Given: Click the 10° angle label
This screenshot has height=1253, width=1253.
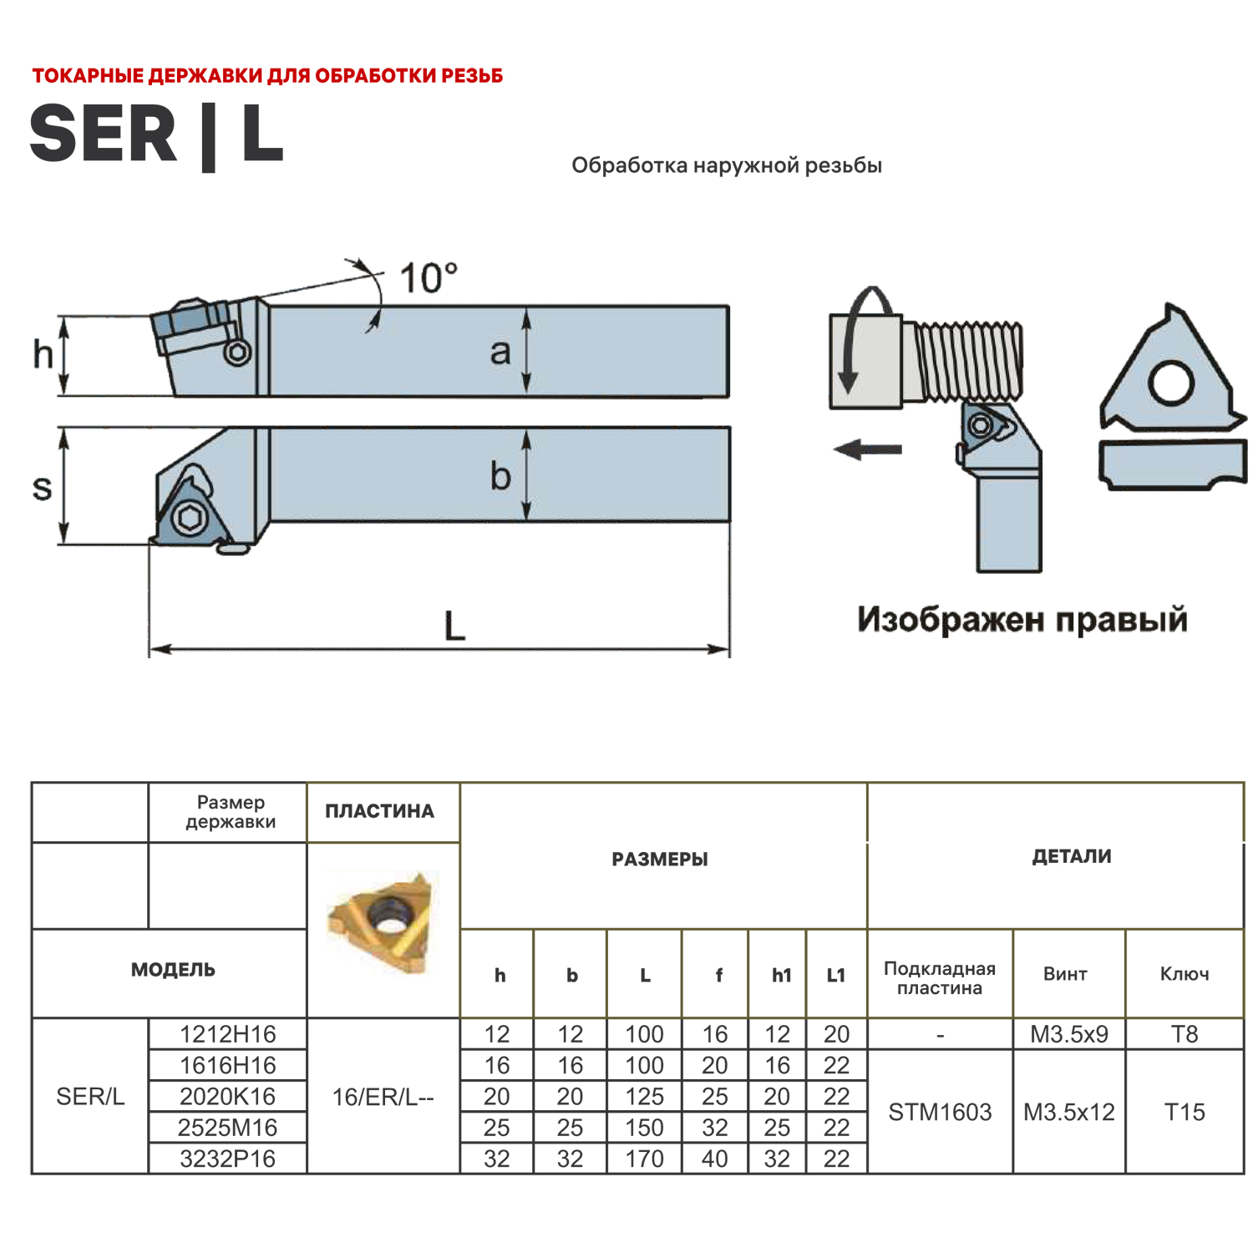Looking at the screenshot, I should point(428,278).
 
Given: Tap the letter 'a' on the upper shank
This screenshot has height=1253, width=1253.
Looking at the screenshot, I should point(500,352).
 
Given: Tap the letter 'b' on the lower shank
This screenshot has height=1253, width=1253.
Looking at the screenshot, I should point(500,476).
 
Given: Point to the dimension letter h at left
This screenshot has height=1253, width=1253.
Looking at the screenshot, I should point(43,354).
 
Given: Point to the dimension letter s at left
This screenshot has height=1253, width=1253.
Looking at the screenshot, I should point(42,487).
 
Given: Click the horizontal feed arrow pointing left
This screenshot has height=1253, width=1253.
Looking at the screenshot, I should point(868,449).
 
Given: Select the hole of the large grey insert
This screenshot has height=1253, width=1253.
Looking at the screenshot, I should point(1169,383).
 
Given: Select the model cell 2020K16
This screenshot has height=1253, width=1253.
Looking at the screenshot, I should point(227,1096).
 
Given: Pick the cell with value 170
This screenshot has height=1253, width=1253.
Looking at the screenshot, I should point(644,1159).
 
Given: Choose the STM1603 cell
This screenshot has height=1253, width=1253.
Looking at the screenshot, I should point(940,1112).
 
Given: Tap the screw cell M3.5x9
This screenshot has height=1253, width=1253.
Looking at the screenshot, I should point(1068,1034).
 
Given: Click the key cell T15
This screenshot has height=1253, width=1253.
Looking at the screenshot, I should point(1184,1112).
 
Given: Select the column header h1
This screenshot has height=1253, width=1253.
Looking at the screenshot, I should point(781,975).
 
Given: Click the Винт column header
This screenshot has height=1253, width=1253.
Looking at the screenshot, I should point(1065,973).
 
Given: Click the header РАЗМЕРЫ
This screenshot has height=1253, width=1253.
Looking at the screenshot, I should point(659,859).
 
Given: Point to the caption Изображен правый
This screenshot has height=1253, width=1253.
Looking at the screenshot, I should point(1022,619).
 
